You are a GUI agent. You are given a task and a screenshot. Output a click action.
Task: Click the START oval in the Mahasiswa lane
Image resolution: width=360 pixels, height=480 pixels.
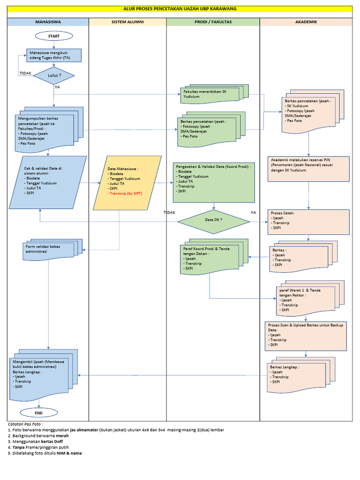[x=54, y=36]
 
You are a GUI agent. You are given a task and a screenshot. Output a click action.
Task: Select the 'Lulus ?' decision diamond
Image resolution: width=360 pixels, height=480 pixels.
[x=54, y=75]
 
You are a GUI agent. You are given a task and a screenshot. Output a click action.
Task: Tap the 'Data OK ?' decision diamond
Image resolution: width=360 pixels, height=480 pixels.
[x=214, y=219]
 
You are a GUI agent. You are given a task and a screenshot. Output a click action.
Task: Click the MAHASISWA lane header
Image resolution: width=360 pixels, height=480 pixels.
[x=48, y=22]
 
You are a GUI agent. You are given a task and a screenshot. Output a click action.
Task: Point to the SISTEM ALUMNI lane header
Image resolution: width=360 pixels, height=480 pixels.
[x=127, y=22]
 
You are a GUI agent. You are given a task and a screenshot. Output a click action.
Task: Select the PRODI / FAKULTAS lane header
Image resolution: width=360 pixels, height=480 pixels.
[x=213, y=22]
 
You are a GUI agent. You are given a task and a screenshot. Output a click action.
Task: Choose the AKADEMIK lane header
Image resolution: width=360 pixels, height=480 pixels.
[x=306, y=22]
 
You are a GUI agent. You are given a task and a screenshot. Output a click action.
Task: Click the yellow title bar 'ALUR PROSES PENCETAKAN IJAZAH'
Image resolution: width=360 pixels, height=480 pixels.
[x=180, y=9]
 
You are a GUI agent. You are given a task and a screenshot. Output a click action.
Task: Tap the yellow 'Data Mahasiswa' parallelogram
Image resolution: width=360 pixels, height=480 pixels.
[x=127, y=182]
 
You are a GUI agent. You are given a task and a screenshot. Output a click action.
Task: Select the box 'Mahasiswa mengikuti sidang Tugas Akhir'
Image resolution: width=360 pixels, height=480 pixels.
[x=54, y=55]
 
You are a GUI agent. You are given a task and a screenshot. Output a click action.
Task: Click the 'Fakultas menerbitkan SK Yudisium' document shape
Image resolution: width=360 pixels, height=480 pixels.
[x=211, y=94]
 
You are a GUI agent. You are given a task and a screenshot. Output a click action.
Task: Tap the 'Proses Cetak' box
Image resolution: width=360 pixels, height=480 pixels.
[x=308, y=221]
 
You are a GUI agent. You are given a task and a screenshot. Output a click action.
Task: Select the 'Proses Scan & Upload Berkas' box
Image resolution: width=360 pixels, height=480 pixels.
[x=308, y=334]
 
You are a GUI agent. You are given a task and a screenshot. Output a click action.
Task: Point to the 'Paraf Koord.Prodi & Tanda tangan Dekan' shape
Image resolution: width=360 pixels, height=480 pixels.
[x=211, y=258]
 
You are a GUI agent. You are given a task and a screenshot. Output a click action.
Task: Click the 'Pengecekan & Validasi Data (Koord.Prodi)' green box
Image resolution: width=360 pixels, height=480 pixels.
[x=214, y=182]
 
